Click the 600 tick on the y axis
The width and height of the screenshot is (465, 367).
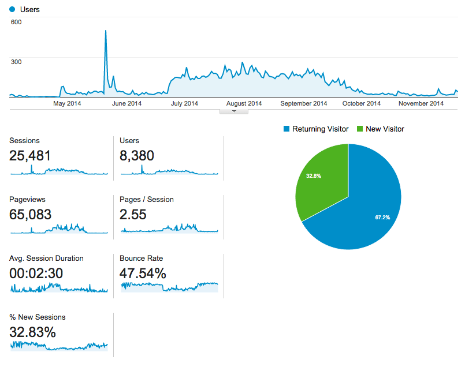click(x=16, y=22)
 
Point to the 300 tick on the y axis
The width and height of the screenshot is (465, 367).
click(x=16, y=62)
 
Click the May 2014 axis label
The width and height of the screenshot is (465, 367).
click(x=67, y=104)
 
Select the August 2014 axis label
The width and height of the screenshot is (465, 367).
click(x=244, y=104)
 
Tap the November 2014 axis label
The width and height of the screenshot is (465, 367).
click(x=422, y=104)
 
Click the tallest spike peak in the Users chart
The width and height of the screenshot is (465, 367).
click(x=105, y=31)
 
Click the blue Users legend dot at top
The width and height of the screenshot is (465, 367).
click(x=12, y=10)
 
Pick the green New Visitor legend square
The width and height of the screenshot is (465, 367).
click(x=360, y=129)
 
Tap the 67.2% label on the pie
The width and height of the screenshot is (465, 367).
click(x=382, y=218)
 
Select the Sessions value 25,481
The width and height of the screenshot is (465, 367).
click(x=30, y=155)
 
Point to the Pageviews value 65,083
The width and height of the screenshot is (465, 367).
click(x=30, y=215)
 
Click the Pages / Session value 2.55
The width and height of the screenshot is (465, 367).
click(x=133, y=215)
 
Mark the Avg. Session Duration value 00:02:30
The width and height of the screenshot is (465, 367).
click(x=36, y=274)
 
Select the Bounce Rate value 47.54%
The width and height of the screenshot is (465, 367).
click(x=143, y=274)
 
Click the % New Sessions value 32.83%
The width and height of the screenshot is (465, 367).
click(x=32, y=332)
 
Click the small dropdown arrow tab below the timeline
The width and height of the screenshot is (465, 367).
click(x=233, y=111)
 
